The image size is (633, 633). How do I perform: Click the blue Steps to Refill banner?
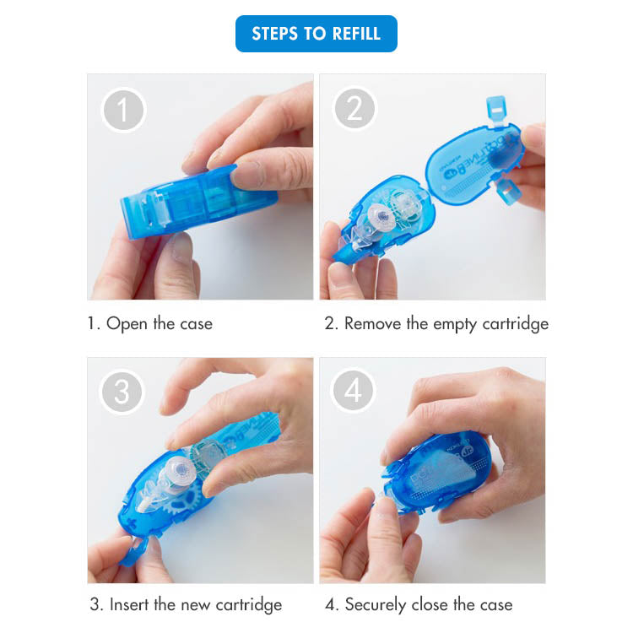click(316, 34)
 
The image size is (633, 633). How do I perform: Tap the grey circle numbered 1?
click(123, 110)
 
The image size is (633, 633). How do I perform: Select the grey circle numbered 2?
click(354, 108)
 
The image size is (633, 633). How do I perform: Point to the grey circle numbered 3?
click(122, 392)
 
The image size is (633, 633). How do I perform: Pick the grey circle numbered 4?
click(354, 390)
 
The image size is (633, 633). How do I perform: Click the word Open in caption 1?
click(127, 324)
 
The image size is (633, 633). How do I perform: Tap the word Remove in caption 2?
click(372, 323)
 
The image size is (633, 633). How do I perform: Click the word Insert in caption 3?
click(130, 605)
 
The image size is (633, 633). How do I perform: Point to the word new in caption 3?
click(196, 606)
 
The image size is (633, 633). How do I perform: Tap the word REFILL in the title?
click(356, 34)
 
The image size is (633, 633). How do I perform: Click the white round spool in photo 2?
click(381, 216)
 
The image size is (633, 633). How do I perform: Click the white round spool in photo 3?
click(181, 470)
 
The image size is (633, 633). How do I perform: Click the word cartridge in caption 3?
click(249, 605)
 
